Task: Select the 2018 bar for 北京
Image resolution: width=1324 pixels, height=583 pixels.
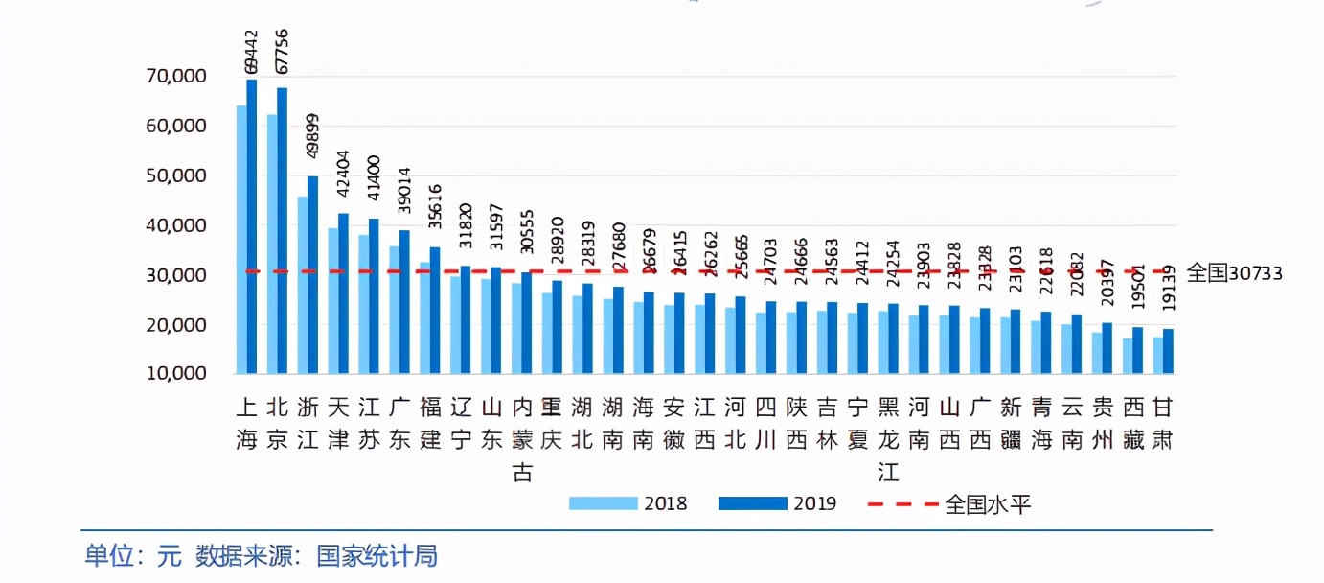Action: coord(272,244)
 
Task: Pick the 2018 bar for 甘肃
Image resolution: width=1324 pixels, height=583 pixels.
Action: coord(1158,355)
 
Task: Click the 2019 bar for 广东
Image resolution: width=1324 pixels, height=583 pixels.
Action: coord(404,301)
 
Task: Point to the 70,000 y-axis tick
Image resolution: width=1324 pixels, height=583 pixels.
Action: coord(175,76)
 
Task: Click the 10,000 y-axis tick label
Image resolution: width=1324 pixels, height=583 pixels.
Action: coord(175,373)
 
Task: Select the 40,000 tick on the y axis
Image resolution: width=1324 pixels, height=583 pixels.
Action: coord(175,225)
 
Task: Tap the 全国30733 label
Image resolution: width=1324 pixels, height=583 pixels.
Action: coord(1234,273)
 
